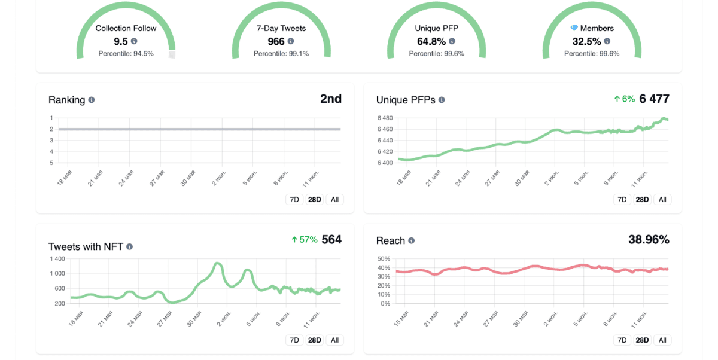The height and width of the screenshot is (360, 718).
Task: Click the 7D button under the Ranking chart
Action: (x=294, y=200)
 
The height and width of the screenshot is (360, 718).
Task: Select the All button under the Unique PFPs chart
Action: (x=662, y=200)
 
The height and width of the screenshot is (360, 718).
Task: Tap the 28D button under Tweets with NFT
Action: (x=315, y=340)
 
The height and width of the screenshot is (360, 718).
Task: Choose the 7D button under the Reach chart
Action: (x=622, y=340)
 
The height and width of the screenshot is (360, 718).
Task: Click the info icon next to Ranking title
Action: (x=92, y=100)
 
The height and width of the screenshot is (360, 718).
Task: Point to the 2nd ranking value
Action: (x=331, y=99)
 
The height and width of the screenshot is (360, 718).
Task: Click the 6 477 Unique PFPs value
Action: (x=654, y=99)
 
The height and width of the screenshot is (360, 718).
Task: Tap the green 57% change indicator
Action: (x=304, y=240)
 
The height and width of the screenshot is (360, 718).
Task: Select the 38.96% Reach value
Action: (x=649, y=240)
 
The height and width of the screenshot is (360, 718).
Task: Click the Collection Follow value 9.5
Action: (x=121, y=41)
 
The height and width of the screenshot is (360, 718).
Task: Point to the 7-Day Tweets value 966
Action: (x=276, y=41)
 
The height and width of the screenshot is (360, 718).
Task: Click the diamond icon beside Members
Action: (x=574, y=28)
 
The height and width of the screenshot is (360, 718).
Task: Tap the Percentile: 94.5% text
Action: (x=126, y=53)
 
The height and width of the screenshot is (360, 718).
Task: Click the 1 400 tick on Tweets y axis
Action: (x=57, y=259)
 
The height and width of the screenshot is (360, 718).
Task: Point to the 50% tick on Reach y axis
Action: (x=384, y=259)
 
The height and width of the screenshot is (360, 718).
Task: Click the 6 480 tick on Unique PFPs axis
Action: (x=385, y=118)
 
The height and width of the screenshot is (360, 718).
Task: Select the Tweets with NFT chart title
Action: (x=86, y=246)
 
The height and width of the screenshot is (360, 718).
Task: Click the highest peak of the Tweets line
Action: (x=217, y=263)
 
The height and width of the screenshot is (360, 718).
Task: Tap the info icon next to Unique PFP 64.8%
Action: (x=452, y=41)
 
